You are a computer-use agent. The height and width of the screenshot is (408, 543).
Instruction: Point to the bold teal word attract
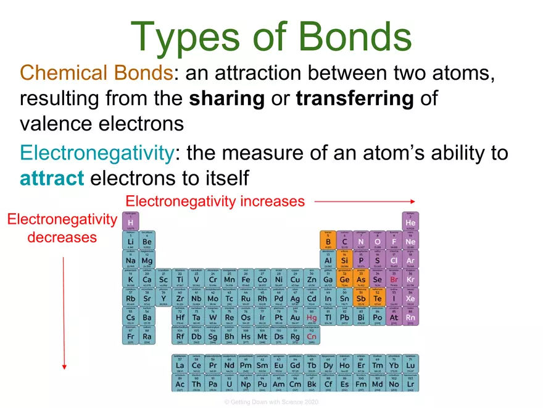[52, 178]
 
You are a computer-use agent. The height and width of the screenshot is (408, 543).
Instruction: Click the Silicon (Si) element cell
[345, 260]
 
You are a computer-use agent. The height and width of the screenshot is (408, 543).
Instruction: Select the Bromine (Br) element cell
[394, 279]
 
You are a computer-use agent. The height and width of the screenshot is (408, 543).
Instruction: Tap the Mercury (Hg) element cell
[312, 318]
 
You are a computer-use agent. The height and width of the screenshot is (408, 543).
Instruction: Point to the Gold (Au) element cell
[296, 318]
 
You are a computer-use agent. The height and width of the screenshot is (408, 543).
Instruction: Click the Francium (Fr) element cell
[130, 337]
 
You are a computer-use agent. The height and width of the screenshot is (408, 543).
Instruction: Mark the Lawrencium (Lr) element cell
[410, 383]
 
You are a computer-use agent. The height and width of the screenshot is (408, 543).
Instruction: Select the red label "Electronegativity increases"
[215, 202]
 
